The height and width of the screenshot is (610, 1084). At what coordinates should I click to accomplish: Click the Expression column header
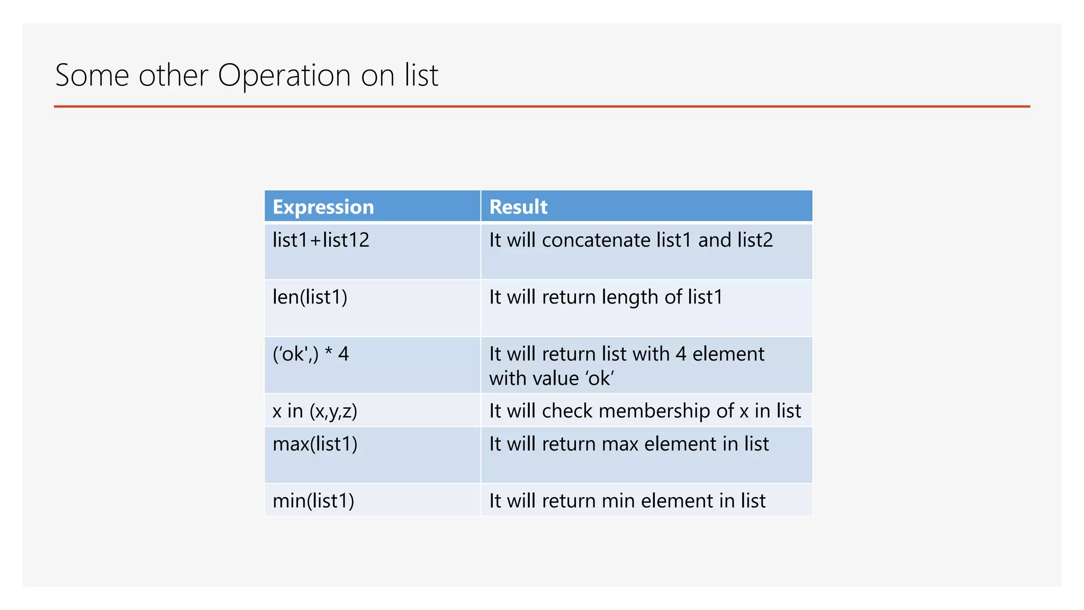pyautogui.click(x=323, y=207)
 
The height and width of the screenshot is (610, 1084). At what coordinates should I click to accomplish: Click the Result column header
pyautogui.click(x=518, y=207)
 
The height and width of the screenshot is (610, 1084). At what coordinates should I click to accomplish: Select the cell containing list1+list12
pyautogui.click(x=321, y=240)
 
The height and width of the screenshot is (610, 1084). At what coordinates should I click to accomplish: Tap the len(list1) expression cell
pyautogui.click(x=310, y=297)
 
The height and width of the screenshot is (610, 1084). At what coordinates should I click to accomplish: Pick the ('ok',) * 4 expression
pyautogui.click(x=311, y=354)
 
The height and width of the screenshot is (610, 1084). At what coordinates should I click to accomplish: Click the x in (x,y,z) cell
pyautogui.click(x=315, y=411)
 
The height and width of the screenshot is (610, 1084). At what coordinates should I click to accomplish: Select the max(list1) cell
pyautogui.click(x=315, y=444)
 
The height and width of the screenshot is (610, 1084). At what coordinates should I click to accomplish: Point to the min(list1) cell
pyautogui.click(x=313, y=501)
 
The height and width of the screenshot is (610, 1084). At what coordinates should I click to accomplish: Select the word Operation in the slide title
pyautogui.click(x=284, y=75)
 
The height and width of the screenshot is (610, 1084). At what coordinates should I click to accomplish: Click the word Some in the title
pyautogui.click(x=92, y=75)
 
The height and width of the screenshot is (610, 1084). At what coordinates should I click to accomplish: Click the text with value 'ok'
pyautogui.click(x=551, y=379)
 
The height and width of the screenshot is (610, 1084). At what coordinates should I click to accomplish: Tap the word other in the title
pyautogui.click(x=173, y=75)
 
